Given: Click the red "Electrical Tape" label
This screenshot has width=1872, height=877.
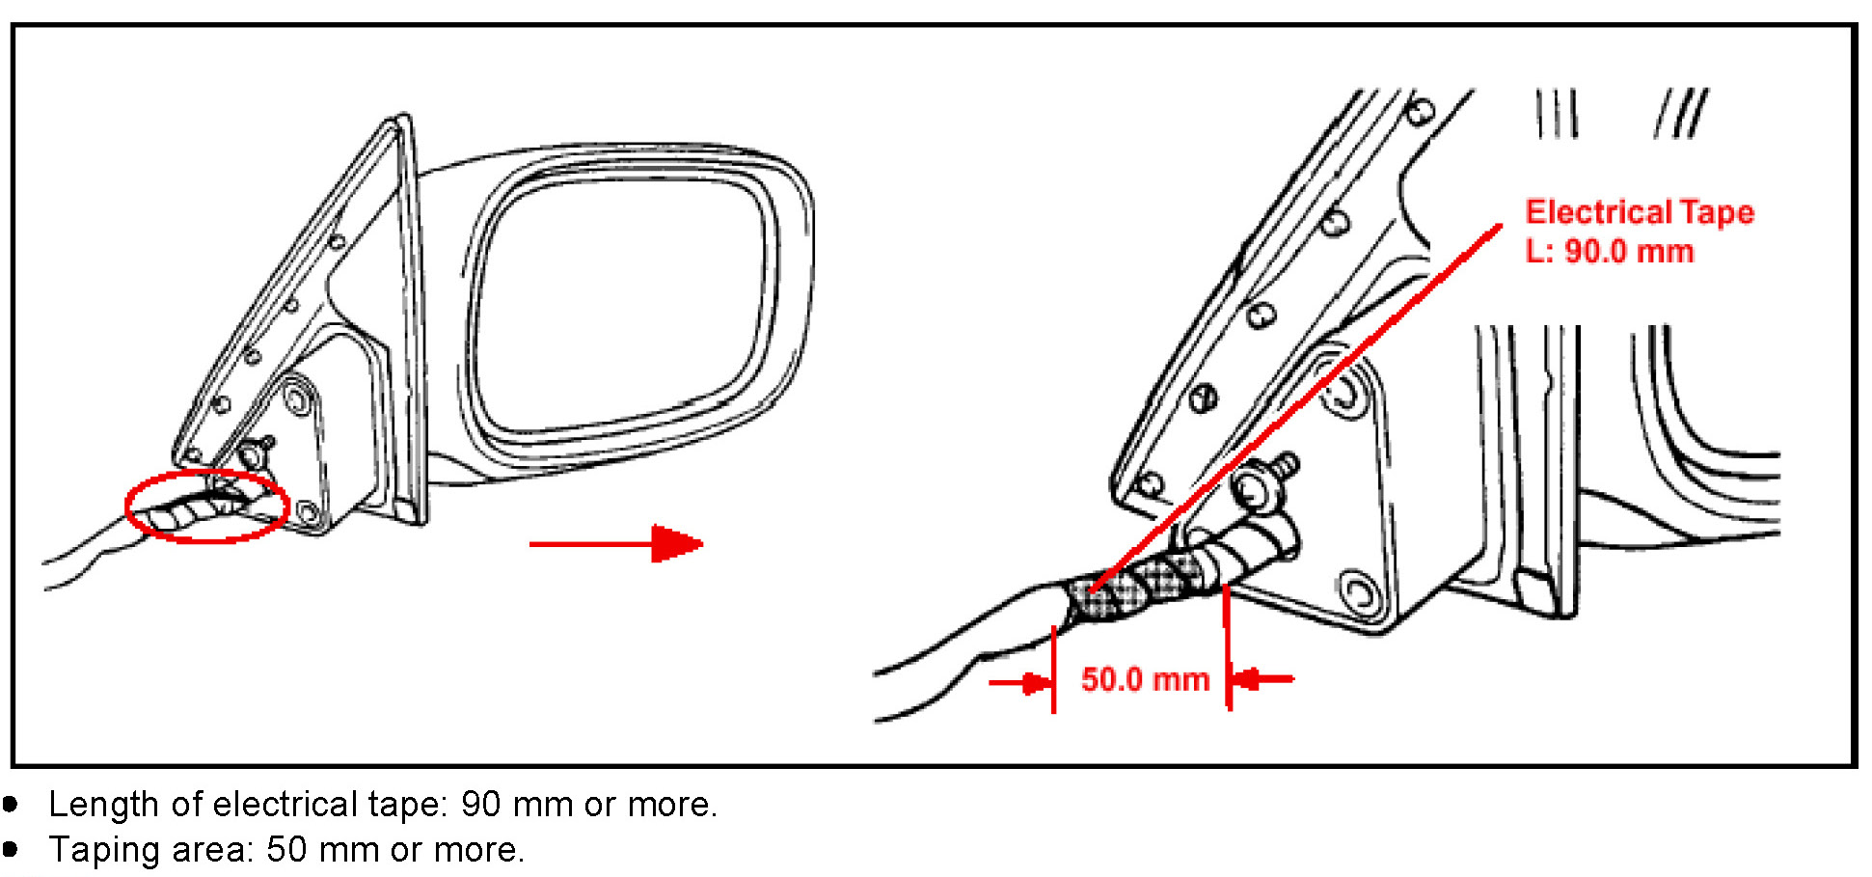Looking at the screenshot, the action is [x=1639, y=212].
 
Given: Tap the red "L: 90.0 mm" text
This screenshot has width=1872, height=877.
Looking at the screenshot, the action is [x=1609, y=252].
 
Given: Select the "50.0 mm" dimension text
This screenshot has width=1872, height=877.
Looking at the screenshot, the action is [x=1145, y=679].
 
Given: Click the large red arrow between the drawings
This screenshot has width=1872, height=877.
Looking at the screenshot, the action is [x=617, y=543].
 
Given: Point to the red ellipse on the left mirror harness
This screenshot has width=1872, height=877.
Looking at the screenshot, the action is [x=207, y=507].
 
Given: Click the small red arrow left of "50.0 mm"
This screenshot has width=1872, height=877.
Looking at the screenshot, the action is [x=1022, y=683].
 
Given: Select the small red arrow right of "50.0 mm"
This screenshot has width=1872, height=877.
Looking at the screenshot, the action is [x=1262, y=679].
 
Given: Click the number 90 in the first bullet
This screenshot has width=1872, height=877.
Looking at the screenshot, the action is [x=480, y=804].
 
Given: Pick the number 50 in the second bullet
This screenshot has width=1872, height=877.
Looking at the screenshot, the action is [x=286, y=850].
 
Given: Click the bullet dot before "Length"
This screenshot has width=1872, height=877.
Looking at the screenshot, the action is [x=11, y=804].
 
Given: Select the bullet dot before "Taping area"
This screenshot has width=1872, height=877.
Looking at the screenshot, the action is [x=11, y=849].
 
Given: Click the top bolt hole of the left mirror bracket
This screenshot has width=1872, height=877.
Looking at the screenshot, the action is [x=296, y=397].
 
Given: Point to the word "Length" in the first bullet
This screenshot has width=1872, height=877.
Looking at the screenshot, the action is [x=103, y=804].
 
